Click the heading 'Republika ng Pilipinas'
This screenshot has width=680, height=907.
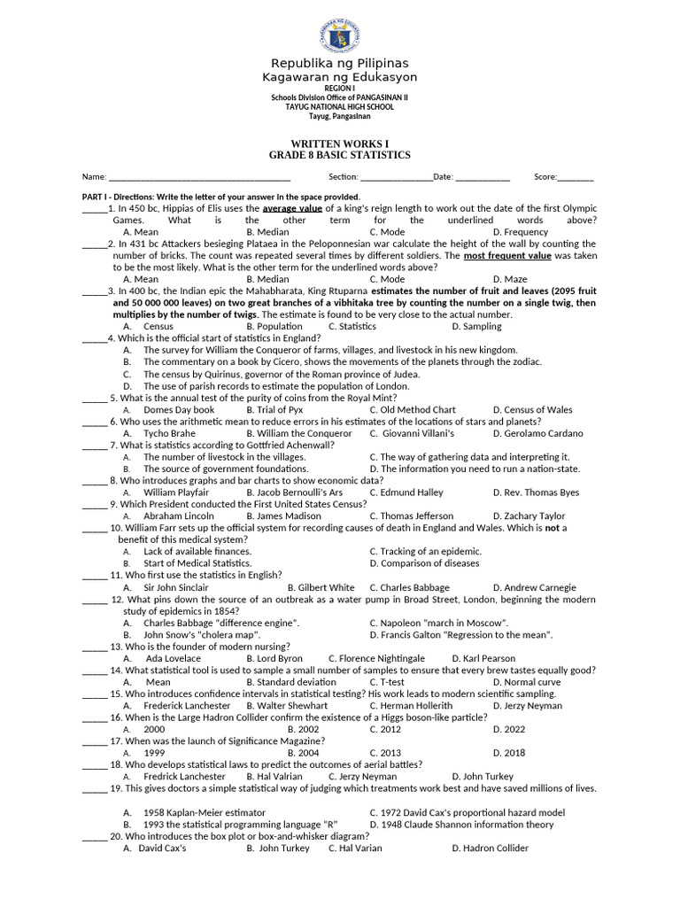(339, 63)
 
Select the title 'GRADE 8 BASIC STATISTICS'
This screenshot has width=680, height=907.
(339, 155)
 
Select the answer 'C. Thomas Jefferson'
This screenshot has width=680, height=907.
(411, 516)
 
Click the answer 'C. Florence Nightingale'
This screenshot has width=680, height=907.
(376, 658)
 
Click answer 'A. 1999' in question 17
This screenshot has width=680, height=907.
(147, 753)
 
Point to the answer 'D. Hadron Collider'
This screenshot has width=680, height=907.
(490, 848)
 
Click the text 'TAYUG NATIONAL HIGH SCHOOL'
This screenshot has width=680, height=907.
(339, 107)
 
